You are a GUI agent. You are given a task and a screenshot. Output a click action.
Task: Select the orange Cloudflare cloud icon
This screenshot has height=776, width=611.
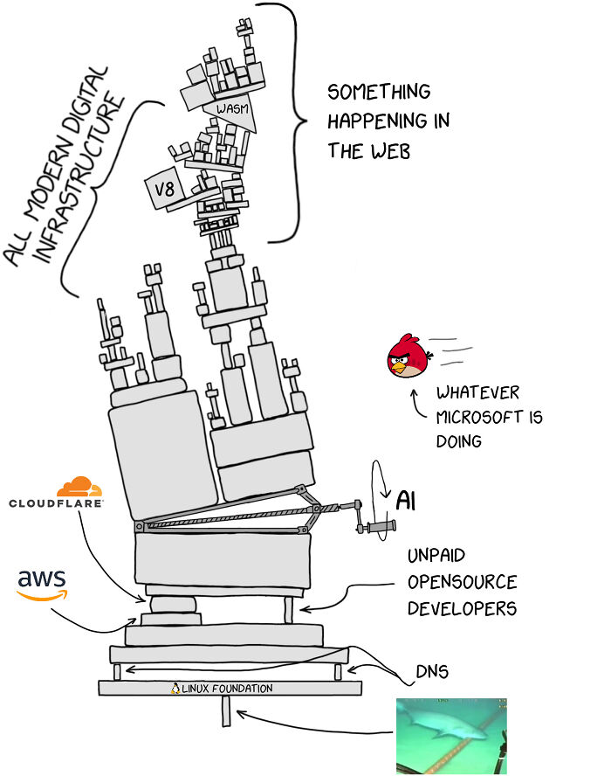pyautogui.click(x=79, y=488)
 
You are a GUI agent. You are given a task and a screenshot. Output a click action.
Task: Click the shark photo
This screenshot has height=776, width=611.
pyautogui.click(x=450, y=735)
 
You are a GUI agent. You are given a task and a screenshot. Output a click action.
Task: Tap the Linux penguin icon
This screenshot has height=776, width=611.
pyautogui.click(x=175, y=689)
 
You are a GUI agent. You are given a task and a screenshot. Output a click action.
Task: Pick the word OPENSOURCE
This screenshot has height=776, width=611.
pyautogui.click(x=462, y=582)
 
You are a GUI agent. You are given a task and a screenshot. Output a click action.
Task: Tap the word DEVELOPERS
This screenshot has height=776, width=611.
pyautogui.click(x=462, y=607)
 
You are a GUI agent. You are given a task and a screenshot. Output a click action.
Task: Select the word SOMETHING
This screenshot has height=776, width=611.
pyautogui.click(x=378, y=92)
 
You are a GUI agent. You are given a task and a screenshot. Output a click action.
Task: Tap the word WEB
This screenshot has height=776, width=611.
pyautogui.click(x=390, y=150)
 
